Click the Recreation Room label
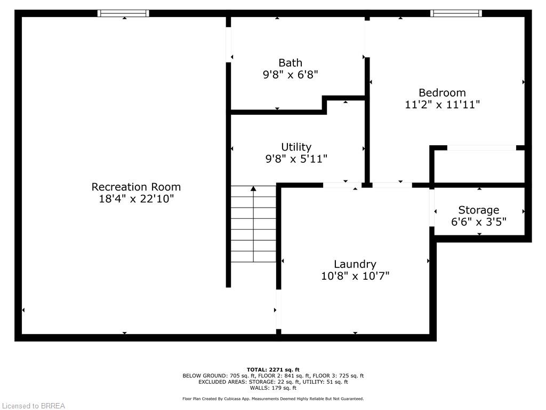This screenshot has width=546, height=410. coord(136,187)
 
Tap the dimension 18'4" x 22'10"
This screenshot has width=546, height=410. coord(136,199)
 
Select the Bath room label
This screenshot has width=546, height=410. coord(290,63)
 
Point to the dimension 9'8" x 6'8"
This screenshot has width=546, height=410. coord(290,75)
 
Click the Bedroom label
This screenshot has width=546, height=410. coord(442,92)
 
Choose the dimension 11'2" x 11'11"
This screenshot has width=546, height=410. coord(442,105)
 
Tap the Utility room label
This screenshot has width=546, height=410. coord(296,147)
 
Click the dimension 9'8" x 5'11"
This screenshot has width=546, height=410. coord(296,159)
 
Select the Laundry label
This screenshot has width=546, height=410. coord(355,264)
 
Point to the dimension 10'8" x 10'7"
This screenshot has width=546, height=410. coord(355,276)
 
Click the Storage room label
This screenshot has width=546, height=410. coord(478,210)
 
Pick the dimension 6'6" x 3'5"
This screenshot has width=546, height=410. coord(478,222)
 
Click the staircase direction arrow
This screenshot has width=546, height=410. coord(253,188)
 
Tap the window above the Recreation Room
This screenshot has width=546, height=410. coord(124,13)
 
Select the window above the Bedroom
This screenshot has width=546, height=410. coord(456,13)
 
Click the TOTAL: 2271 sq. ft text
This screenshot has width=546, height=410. coord(273,369)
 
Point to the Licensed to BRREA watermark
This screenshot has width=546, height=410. coord(33,406)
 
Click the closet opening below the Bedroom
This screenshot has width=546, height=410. coord(481,148)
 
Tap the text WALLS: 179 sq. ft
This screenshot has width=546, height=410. coord(273,388)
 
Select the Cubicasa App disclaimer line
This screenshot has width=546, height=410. coord(273,399)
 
